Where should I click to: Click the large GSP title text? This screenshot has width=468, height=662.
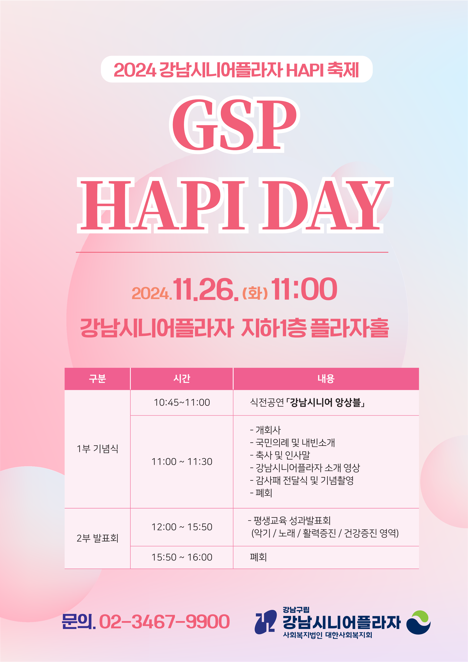(x=234, y=124)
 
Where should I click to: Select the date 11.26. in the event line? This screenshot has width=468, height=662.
(x=205, y=289)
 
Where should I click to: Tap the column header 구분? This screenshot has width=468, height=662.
(x=97, y=379)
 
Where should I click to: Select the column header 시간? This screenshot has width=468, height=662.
(x=182, y=379)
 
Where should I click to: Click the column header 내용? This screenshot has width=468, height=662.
(x=326, y=379)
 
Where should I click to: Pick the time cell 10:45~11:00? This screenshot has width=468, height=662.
(x=182, y=403)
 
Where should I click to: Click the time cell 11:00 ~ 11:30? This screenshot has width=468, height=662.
(x=182, y=462)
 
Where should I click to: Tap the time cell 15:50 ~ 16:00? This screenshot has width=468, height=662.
(x=182, y=557)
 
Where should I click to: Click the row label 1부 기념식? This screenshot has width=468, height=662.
(x=97, y=449)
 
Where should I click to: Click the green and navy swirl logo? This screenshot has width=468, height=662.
(x=418, y=623)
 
